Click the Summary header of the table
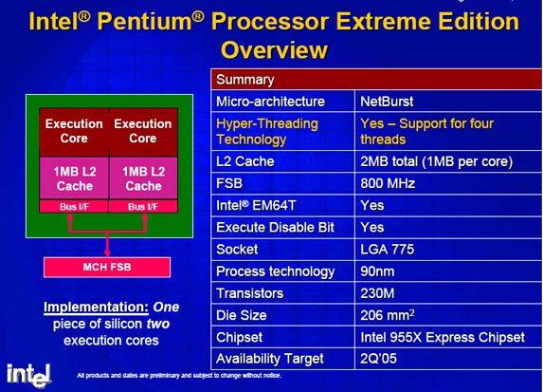[x=376, y=80]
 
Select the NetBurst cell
[x=448, y=102]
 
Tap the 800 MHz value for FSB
[x=448, y=183]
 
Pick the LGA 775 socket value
[x=448, y=249]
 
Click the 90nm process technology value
[x=448, y=271]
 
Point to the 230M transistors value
[x=448, y=293]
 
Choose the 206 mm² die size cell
[x=448, y=315]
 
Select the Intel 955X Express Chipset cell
[x=448, y=337]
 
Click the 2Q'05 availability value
[x=448, y=359]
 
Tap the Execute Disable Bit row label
[x=276, y=227]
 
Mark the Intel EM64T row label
[x=256, y=205]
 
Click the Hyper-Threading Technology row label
[x=267, y=132]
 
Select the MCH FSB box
[x=107, y=267]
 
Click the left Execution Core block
[x=74, y=132]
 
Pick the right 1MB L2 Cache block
[x=143, y=178]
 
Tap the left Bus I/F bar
[x=74, y=206]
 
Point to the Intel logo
[x=28, y=375]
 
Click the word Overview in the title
[x=274, y=50]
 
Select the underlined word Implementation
[x=97, y=307]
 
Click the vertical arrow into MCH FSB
[x=107, y=245]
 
